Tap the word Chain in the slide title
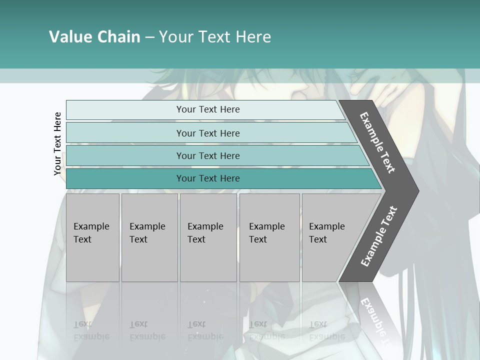point(119,37)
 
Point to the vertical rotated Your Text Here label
point(57,143)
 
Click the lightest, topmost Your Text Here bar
point(207,109)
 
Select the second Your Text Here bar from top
point(207,133)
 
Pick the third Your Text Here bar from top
point(207,155)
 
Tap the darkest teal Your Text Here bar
point(207,178)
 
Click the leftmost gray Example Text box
point(92,237)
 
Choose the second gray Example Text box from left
point(149,237)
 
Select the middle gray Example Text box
point(208,237)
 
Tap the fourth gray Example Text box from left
point(269,237)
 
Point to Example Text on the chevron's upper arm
point(377,142)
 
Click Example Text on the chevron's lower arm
point(378,236)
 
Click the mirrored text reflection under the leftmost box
point(91,330)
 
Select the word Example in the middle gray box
point(205,226)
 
